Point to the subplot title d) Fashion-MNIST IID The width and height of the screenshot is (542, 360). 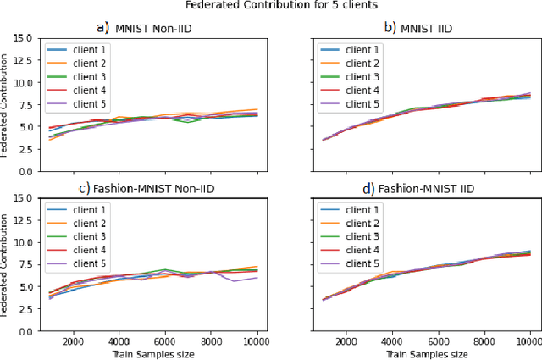click(425, 191)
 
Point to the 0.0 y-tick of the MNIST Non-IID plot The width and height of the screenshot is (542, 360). click(25, 171)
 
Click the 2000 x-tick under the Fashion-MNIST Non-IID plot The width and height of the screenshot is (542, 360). click(73, 341)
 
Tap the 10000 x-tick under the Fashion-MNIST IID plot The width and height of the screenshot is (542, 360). click(528, 341)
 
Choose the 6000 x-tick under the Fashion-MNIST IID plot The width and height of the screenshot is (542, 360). click(438, 341)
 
